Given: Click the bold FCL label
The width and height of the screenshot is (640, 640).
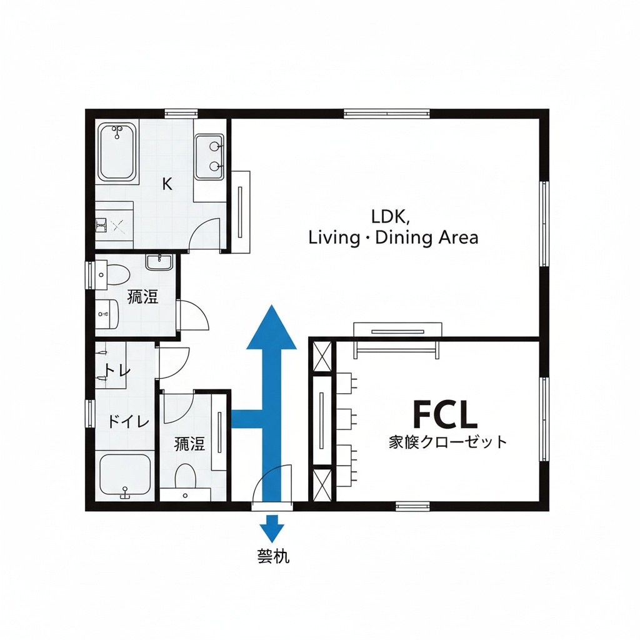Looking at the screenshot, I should (x=445, y=414).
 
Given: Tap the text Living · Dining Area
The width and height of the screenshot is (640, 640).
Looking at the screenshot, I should (x=394, y=238).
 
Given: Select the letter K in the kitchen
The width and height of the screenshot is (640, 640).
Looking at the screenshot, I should (x=167, y=184).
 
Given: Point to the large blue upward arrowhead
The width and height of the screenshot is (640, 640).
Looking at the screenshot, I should (x=271, y=327).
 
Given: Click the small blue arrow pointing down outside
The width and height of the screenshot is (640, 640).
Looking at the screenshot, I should (x=271, y=529).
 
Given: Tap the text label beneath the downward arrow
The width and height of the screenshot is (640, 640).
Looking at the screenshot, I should (x=272, y=556).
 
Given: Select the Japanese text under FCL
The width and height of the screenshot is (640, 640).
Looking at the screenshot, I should (x=447, y=442).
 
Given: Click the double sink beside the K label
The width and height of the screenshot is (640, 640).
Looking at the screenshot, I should (x=209, y=156).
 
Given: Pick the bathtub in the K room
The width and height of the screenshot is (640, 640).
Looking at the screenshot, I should (x=116, y=151).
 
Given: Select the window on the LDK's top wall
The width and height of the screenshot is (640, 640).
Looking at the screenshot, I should (x=387, y=114).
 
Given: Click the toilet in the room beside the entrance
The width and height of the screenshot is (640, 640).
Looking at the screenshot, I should (x=186, y=478).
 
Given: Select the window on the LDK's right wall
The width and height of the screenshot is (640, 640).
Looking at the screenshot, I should (x=544, y=223).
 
